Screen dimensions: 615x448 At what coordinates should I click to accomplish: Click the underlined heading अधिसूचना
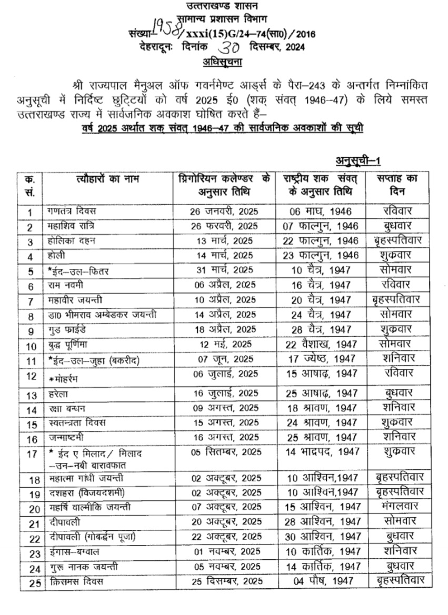point(224,63)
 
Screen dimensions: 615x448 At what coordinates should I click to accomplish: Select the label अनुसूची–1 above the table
point(359,161)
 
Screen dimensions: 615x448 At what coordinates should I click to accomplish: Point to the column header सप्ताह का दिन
point(397,185)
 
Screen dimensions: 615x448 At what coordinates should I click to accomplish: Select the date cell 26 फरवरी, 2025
point(223,227)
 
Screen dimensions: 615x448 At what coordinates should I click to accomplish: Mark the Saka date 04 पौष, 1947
point(322,581)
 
